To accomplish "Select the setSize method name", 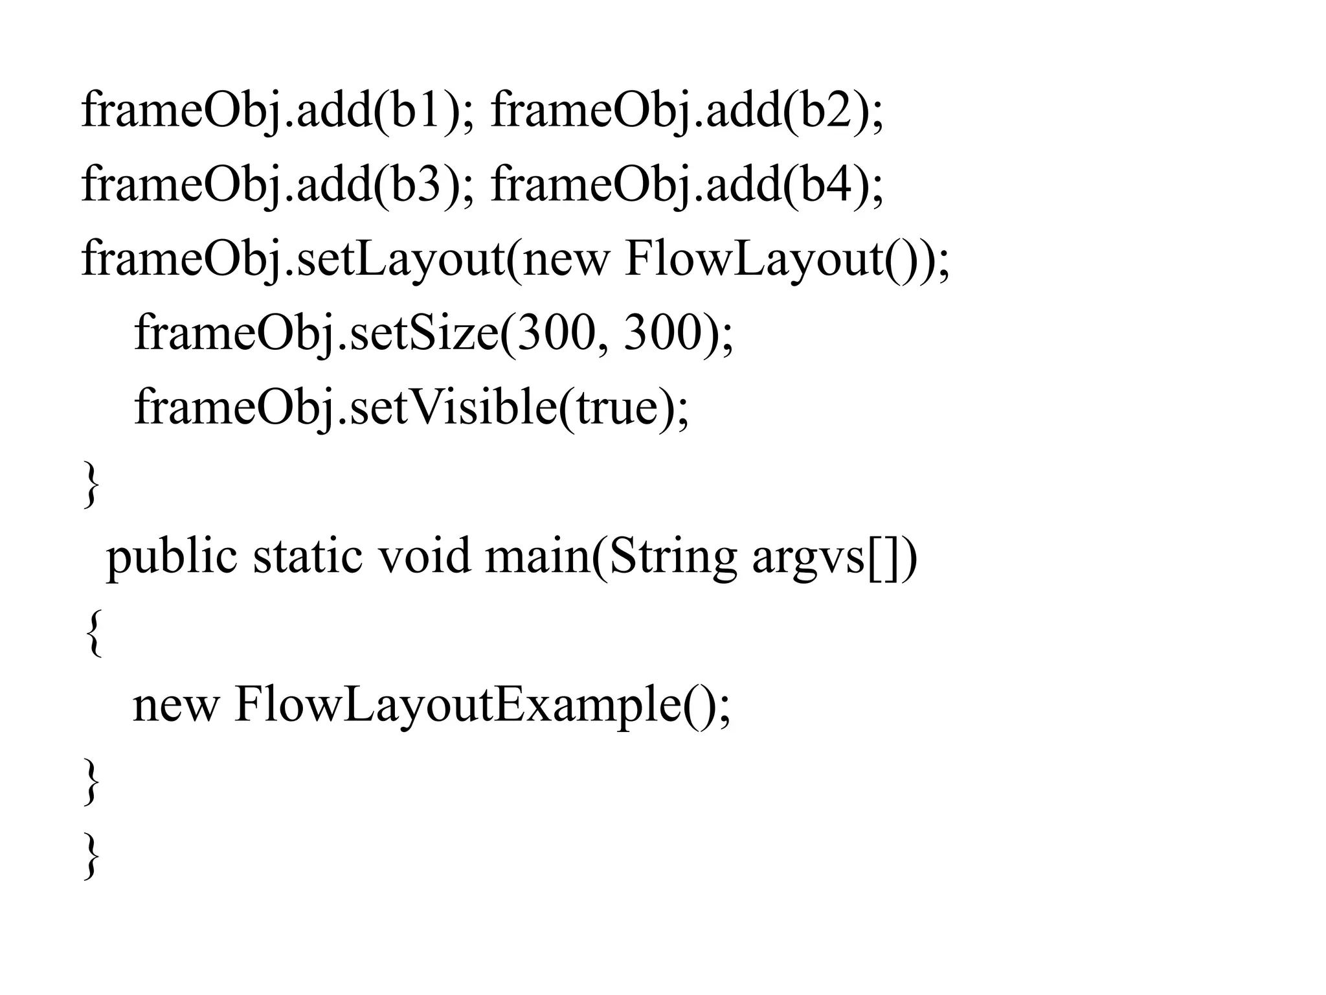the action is click(x=424, y=334).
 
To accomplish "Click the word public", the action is click(x=172, y=557).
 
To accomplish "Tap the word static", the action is click(x=307, y=557).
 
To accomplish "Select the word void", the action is click(x=423, y=557).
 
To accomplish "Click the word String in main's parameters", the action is click(x=673, y=557).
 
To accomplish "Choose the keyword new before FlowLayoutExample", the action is click(x=175, y=706).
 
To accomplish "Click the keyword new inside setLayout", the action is click(x=565, y=259).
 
